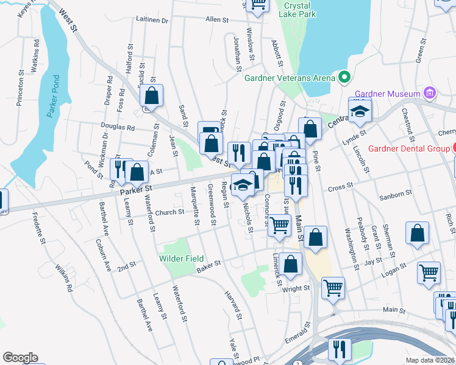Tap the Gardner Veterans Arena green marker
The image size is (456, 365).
point(344,77)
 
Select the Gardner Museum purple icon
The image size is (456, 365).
point(430,93)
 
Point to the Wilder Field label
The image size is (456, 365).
point(182,259)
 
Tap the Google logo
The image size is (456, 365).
point(20,358)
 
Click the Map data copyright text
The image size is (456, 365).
point(430,360)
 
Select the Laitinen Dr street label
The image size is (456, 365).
point(152,20)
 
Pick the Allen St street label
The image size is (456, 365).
point(216,19)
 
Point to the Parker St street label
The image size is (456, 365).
point(137,191)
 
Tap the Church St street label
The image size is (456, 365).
point(169,212)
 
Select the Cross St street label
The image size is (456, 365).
point(341,189)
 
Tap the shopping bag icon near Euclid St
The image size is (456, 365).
point(151,96)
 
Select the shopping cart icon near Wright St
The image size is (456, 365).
point(333,288)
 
